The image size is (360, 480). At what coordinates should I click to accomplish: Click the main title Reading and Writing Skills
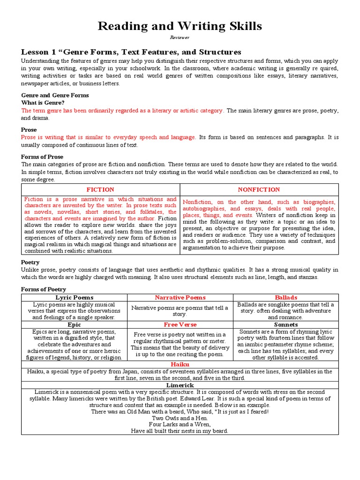point(180,26)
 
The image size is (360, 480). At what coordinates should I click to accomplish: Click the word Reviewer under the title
point(180,37)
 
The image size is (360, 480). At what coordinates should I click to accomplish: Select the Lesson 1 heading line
point(131,52)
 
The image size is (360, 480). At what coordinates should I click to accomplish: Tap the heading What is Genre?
point(43,102)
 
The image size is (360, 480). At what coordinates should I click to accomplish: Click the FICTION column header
point(100,189)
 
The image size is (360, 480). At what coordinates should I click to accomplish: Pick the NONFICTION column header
point(259,189)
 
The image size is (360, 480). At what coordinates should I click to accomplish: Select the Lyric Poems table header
point(74,298)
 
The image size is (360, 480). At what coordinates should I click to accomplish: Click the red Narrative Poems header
point(180,298)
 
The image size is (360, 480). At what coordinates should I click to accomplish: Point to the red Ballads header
point(285,298)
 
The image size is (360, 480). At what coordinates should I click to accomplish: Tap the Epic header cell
point(74,324)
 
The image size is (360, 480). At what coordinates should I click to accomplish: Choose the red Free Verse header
point(180,324)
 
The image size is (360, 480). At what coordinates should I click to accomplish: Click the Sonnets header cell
point(285,324)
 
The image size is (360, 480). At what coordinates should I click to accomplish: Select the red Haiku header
point(180,364)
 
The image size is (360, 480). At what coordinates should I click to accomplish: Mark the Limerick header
point(180,385)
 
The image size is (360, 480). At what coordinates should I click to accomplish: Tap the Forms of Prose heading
point(42,157)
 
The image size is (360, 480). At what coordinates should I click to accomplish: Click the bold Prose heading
point(29,129)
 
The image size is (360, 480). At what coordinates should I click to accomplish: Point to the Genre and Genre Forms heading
point(55,95)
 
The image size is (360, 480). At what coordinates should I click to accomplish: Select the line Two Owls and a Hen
point(180,418)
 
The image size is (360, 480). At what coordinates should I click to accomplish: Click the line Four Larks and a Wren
point(180,424)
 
